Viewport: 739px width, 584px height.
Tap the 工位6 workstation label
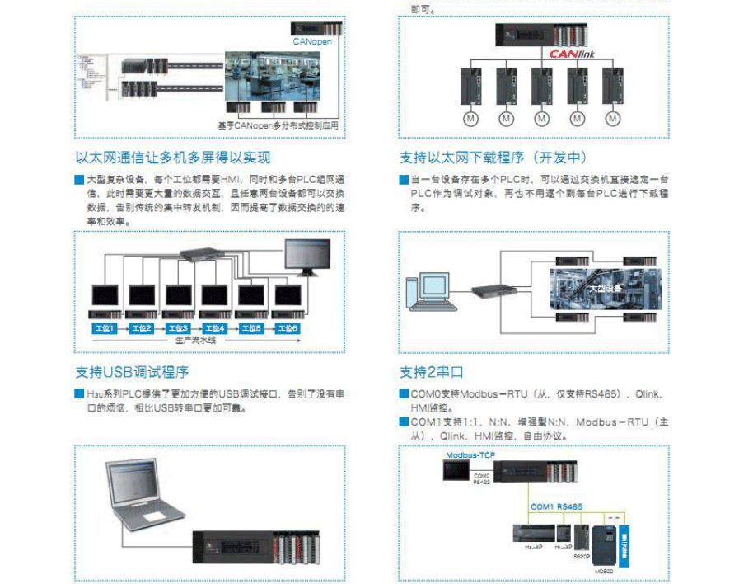288,328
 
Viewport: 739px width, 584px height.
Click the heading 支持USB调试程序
133,372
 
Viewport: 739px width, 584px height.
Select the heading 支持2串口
432,372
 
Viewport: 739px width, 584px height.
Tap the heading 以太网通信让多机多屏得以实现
173,158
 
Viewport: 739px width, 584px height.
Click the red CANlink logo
571,54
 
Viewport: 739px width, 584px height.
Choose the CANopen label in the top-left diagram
312,40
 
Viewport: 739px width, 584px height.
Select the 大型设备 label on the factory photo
605,288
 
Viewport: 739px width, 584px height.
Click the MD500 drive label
603,570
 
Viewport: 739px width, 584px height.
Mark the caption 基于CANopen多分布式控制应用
278,125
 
